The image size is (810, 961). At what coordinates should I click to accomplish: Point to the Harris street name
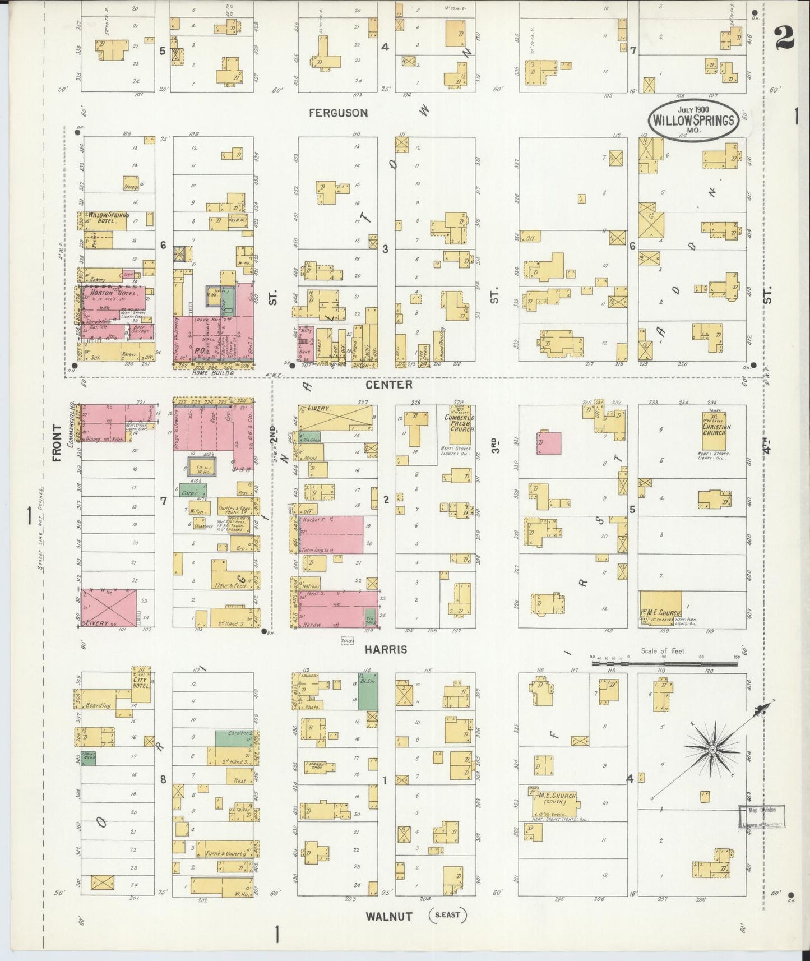(386, 649)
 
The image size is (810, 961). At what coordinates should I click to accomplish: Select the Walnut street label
(389, 917)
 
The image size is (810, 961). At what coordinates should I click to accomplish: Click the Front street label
(57, 443)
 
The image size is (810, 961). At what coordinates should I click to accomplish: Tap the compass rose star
(711, 749)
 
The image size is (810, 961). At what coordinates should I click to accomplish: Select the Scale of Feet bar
(664, 663)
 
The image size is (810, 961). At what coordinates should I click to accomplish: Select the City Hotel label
(141, 680)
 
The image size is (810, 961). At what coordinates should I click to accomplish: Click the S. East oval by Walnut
(447, 916)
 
